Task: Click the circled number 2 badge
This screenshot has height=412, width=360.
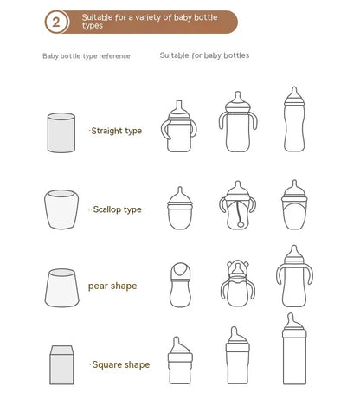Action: pos(57,22)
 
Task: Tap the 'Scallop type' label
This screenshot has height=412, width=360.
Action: pos(117,209)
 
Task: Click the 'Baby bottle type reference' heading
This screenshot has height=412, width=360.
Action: pos(87,57)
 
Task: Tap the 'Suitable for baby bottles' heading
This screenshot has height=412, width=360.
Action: pos(204,55)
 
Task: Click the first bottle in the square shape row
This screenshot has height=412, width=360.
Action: pos(178,364)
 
